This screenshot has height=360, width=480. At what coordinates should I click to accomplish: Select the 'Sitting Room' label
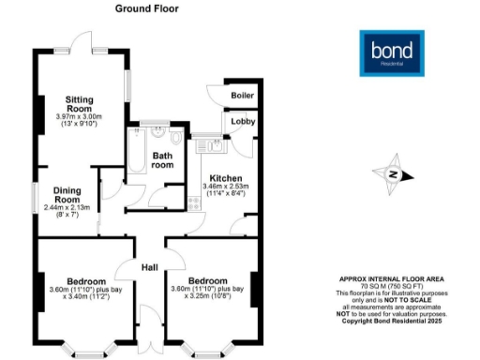(x=82, y=102)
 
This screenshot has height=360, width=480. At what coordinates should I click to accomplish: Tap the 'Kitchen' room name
(x=226, y=178)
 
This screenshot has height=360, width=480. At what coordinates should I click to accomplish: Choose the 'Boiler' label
(x=242, y=95)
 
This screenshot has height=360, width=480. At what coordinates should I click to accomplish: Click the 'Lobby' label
(x=242, y=122)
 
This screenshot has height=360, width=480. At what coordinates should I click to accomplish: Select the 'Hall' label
(x=149, y=268)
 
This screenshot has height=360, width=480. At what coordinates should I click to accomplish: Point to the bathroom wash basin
(x=155, y=132)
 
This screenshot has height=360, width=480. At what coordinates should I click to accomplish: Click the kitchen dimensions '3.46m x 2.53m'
(x=226, y=187)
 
